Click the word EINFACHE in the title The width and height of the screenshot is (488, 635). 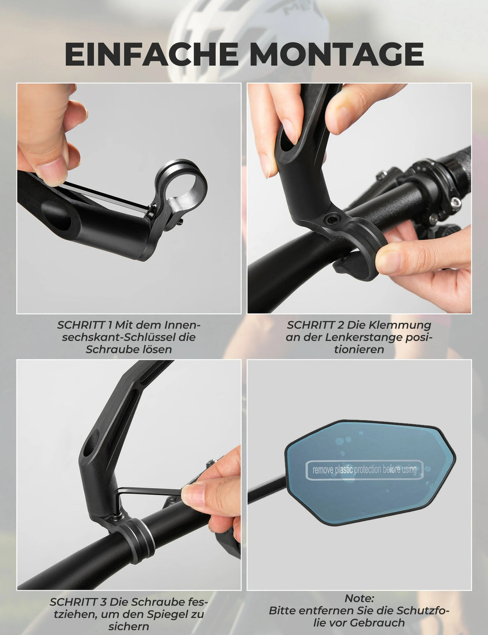[x=152, y=54]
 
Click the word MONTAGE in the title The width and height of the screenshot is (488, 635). [x=337, y=54]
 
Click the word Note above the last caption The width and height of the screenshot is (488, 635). [x=359, y=598]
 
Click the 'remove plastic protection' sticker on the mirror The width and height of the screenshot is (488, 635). [x=365, y=470]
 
